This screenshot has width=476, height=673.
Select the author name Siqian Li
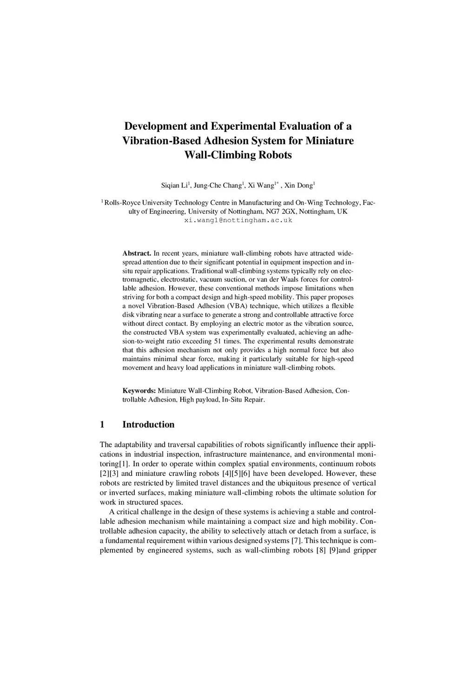(x=174, y=185)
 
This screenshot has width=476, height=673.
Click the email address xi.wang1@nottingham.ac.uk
(x=238, y=220)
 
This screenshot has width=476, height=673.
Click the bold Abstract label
(x=137, y=253)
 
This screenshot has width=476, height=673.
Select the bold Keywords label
(x=139, y=390)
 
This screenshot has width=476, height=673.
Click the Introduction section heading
(x=148, y=424)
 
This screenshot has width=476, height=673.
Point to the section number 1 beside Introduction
(x=102, y=424)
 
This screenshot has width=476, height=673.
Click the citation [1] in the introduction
(x=124, y=464)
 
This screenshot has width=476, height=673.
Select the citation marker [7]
(x=297, y=541)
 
